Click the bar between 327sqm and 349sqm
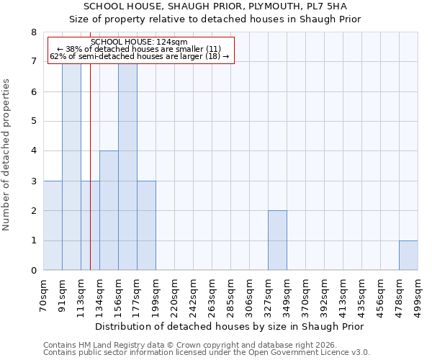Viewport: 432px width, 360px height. coord(277,240)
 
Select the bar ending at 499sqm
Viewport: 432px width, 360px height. coord(408,256)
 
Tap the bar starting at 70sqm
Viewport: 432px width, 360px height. coord(53,225)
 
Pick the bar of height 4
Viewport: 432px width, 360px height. coord(109,210)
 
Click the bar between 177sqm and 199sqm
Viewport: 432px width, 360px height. coord(146,225)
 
